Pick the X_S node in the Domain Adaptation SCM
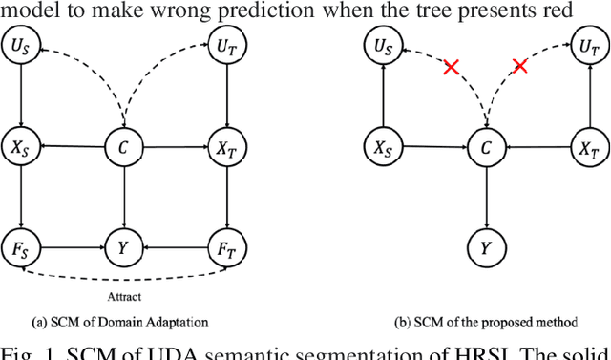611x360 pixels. click(22, 148)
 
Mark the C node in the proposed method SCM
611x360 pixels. click(486, 148)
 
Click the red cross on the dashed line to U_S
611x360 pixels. click(451, 68)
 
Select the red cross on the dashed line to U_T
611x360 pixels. click(520, 66)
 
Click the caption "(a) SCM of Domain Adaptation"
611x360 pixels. click(121, 323)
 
